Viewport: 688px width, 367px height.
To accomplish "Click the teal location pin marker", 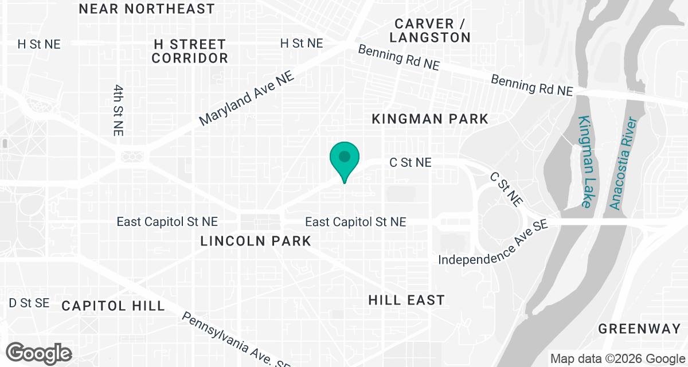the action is point(345,158).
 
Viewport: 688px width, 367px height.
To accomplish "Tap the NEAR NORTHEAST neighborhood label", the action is point(147,9).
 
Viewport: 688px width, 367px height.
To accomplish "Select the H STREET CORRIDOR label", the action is point(190,51).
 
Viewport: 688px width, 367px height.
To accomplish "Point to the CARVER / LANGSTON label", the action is point(429,30).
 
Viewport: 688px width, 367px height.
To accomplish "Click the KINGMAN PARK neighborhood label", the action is point(430,119).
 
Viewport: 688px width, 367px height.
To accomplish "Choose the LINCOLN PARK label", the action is point(256,241).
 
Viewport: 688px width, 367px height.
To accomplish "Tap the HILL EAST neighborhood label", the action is point(406,300).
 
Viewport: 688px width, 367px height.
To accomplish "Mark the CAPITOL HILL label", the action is point(114,305).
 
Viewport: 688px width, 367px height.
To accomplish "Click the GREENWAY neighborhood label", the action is point(639,329).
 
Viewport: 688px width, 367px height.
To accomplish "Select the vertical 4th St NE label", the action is point(118,110).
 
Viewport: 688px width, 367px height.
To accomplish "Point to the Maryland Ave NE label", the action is point(247,99).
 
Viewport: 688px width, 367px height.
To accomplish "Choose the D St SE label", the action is point(29,303).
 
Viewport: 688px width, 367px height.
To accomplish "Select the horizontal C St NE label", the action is point(410,163).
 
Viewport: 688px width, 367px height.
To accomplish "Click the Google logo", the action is point(40,352).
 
